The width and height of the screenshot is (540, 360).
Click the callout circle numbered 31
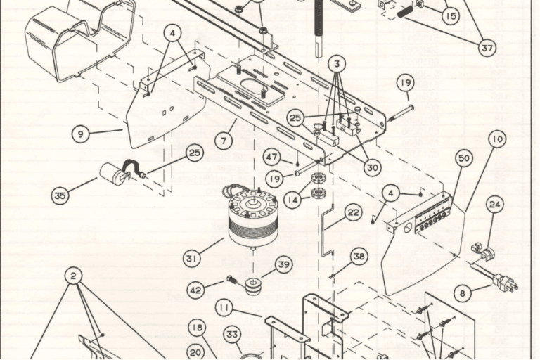(192, 259)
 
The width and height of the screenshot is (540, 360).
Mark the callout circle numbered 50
(464, 159)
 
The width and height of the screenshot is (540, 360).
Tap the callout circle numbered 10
(497, 139)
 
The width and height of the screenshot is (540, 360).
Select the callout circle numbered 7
(224, 140)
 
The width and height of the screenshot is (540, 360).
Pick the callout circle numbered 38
(359, 257)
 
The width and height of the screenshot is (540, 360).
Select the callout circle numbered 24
(496, 205)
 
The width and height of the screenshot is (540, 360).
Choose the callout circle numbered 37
(487, 48)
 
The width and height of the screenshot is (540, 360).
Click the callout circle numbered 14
(290, 200)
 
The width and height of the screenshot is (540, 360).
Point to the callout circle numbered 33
(233, 335)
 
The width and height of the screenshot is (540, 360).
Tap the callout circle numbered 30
(373, 167)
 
